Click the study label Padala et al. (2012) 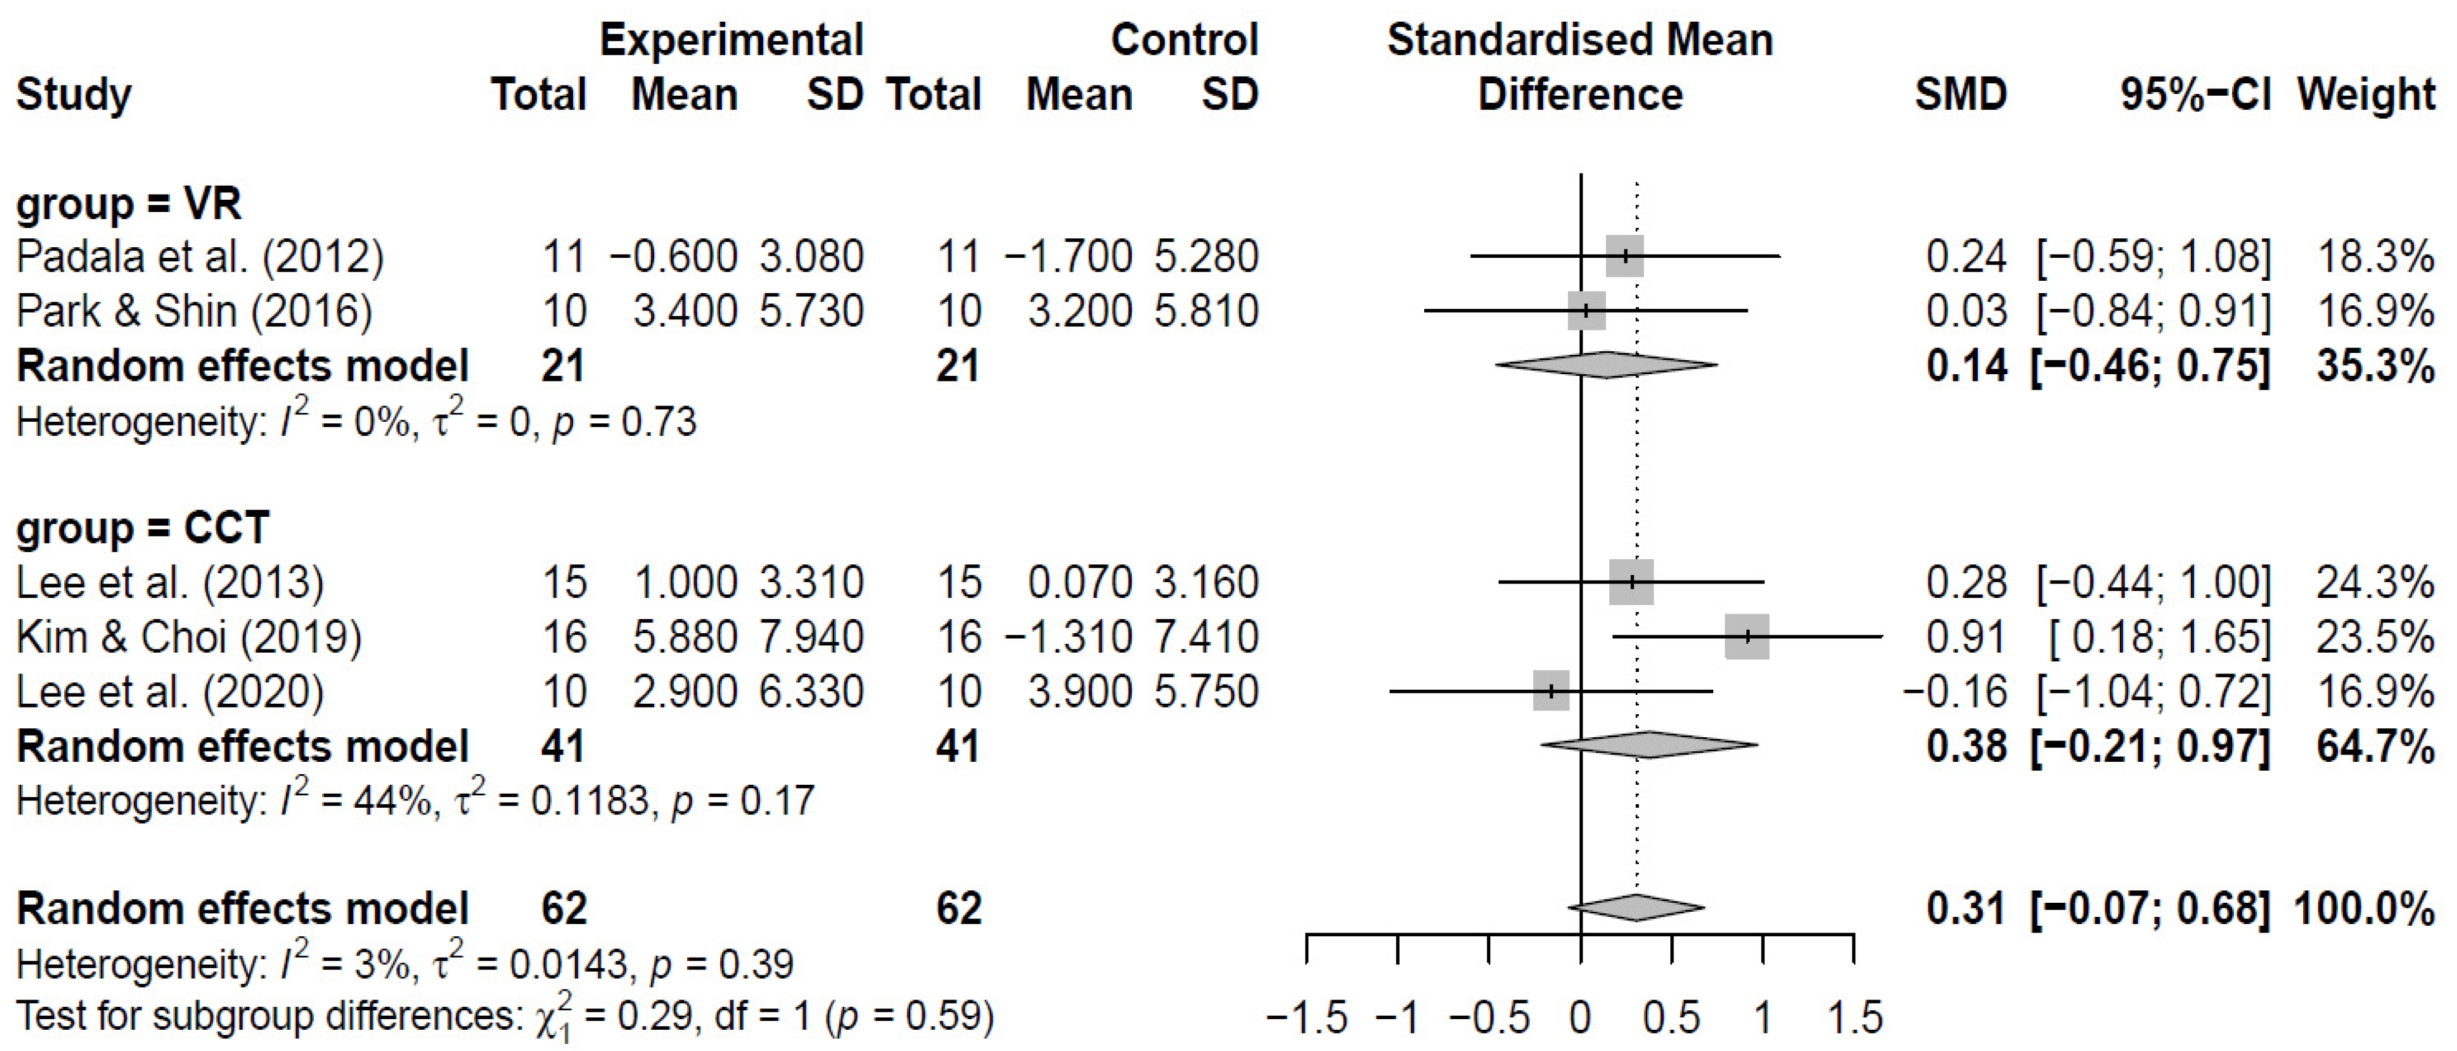[200, 257]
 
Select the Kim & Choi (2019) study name [189, 637]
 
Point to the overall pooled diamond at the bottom [1636, 907]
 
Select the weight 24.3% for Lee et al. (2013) [2375, 583]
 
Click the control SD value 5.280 [1206, 257]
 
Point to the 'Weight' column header [2365, 95]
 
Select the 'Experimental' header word [731, 40]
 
